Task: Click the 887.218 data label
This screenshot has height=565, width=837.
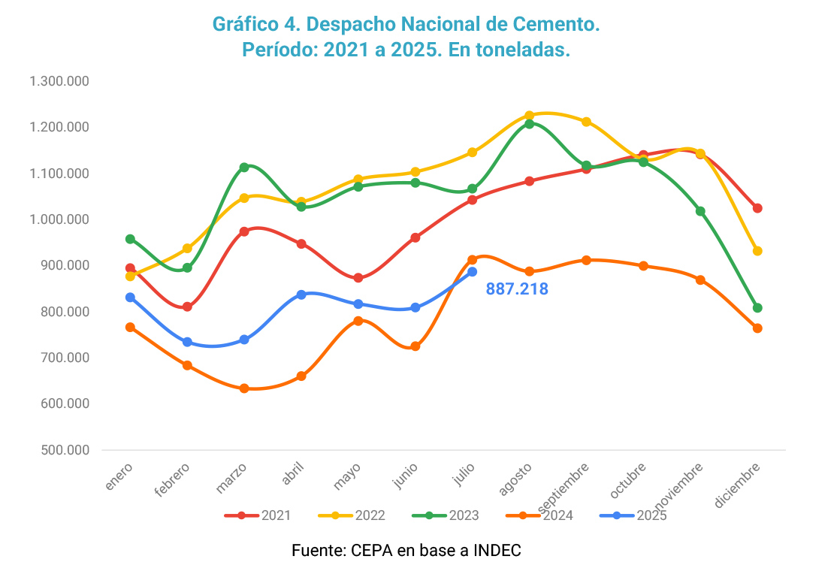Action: tap(517, 289)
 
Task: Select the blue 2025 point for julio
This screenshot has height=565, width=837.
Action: tap(472, 272)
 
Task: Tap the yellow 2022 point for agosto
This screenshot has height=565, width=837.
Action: tap(529, 116)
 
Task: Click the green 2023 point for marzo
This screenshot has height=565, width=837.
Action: tap(244, 168)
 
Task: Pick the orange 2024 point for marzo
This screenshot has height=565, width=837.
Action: tap(244, 388)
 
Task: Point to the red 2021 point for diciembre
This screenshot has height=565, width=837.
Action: tap(757, 208)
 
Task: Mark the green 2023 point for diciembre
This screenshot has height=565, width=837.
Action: tap(757, 308)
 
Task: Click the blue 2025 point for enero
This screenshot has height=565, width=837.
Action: tap(130, 298)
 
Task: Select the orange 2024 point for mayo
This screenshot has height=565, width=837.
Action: tap(358, 321)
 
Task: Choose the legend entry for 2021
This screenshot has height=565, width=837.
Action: tap(258, 515)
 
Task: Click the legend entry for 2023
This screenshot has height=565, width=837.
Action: tap(446, 515)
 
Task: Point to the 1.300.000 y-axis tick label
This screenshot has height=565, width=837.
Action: tap(59, 81)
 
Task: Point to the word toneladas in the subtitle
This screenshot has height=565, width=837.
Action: tap(518, 50)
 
